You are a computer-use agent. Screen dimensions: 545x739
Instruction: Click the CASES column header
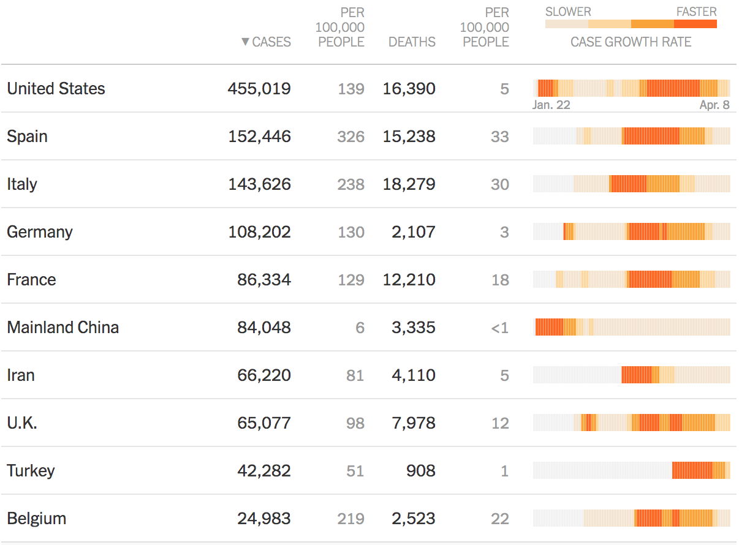pyautogui.click(x=271, y=42)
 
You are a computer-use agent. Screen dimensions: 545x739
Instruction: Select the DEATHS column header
pyautogui.click(x=412, y=42)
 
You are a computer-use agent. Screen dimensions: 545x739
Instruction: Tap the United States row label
pyautogui.click(x=56, y=89)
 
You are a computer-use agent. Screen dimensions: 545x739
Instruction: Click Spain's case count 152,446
pyautogui.click(x=259, y=137)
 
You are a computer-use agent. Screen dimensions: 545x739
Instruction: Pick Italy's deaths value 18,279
pyautogui.click(x=409, y=184)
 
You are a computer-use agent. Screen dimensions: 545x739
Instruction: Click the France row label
pyautogui.click(x=31, y=280)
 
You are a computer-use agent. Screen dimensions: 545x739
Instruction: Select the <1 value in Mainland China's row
pyautogui.click(x=499, y=328)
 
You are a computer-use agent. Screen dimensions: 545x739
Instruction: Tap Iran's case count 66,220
pyautogui.click(x=264, y=375)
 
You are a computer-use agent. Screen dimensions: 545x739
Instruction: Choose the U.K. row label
pyautogui.click(x=22, y=423)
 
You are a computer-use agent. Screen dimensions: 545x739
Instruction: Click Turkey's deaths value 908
pyautogui.click(x=420, y=471)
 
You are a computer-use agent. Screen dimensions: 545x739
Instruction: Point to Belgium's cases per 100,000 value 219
pyautogui.click(x=351, y=519)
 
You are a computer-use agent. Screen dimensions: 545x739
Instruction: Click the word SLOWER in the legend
pyautogui.click(x=568, y=12)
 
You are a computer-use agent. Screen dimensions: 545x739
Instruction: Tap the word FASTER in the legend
pyautogui.click(x=696, y=12)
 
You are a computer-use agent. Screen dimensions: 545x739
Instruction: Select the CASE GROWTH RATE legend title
pyautogui.click(x=631, y=42)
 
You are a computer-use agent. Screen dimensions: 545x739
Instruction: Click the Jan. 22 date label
pyautogui.click(x=551, y=105)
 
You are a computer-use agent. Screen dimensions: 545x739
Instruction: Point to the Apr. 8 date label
pyautogui.click(x=714, y=105)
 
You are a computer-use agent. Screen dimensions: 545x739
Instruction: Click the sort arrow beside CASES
pyautogui.click(x=245, y=42)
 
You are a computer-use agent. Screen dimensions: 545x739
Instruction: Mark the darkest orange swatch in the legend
pyautogui.click(x=695, y=24)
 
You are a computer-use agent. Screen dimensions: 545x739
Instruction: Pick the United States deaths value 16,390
pyautogui.click(x=409, y=89)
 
